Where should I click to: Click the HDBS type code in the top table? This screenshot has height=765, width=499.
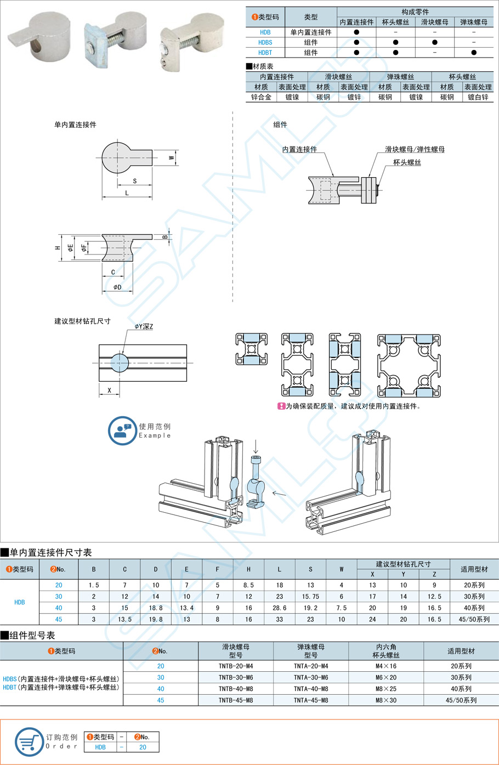[265, 42]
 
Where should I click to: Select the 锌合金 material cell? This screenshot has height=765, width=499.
[261, 97]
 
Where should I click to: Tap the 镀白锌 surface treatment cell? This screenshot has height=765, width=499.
[478, 97]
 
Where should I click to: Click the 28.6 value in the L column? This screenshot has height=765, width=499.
[279, 608]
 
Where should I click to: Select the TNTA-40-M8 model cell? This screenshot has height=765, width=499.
[310, 689]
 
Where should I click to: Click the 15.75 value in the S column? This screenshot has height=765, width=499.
[310, 596]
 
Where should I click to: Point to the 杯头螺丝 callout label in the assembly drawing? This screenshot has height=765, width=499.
[407, 162]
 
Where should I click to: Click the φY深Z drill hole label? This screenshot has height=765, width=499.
[144, 326]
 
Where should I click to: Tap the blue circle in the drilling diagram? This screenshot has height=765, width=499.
[120, 362]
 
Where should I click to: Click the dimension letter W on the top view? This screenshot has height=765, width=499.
[172, 158]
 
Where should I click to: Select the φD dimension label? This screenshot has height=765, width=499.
[117, 287]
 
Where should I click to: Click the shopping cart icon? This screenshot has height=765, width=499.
[29, 742]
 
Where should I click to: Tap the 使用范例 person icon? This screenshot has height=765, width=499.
[122, 430]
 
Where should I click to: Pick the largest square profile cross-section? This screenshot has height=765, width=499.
[409, 365]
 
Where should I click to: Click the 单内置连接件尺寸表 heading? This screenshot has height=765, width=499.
[50, 552]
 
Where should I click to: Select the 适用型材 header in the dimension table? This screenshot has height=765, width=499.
[474, 569]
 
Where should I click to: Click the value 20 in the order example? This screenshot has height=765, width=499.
[143, 747]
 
